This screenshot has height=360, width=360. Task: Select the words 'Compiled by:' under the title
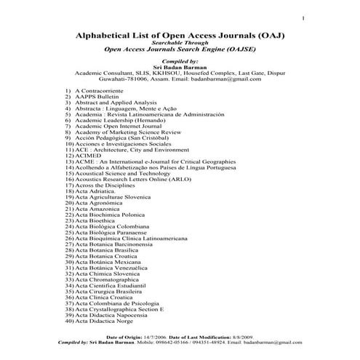[180, 63]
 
